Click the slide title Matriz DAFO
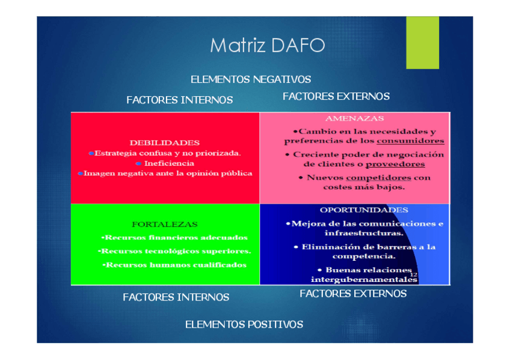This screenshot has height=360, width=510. coord(267,46)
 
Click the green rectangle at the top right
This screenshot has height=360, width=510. coord(422,42)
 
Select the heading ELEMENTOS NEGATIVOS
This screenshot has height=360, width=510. coord(251,79)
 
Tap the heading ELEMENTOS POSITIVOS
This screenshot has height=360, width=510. coord(244,325)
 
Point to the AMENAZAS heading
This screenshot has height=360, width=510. coord(355,119)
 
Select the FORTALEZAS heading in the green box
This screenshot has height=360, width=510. coord(165,224)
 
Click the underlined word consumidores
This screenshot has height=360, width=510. coord(410,141)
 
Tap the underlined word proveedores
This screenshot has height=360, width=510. coord(395,164)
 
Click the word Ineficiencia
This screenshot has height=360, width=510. coord(169,163)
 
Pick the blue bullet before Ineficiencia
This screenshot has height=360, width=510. coord(138,163)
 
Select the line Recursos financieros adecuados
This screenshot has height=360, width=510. coord(174,237)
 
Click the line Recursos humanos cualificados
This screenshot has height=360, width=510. coord(174,265)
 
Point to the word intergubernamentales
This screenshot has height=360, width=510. coord(364,279)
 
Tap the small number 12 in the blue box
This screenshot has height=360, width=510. coord(414,275)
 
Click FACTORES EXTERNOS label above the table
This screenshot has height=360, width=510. coord(336,96)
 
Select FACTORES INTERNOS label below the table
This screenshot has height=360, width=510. coord(176,297)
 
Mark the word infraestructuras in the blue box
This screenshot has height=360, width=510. coord(364,233)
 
